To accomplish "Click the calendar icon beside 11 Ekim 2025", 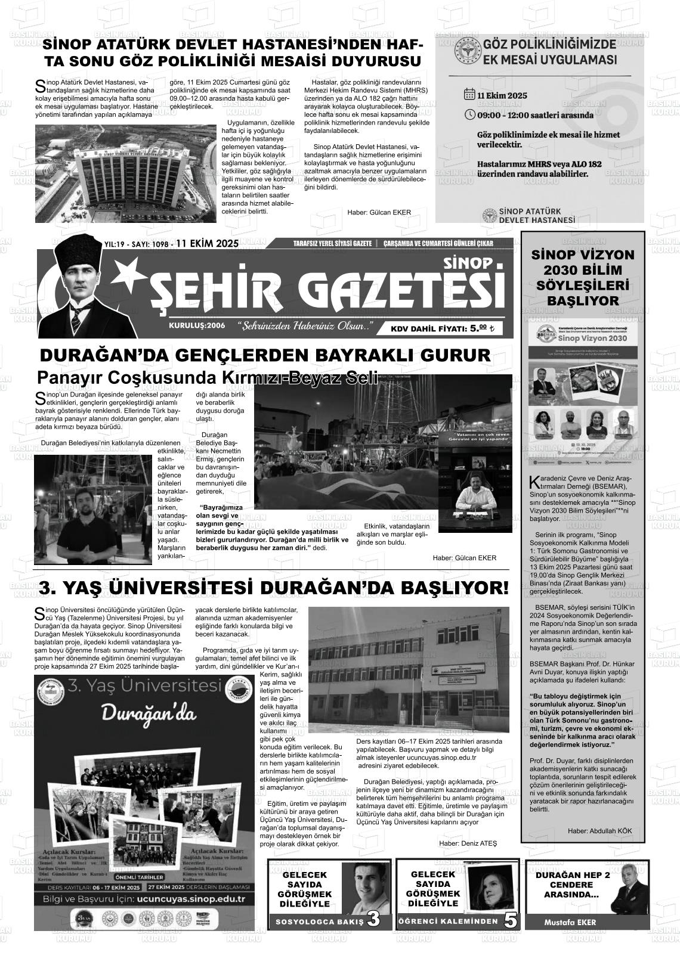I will coord(469,95).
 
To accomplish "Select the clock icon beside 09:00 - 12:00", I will coord(469,114).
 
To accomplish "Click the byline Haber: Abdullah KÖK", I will coord(599,831).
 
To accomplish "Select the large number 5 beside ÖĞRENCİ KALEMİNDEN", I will coord(511,920).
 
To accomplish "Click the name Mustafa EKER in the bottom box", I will coord(570,922).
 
